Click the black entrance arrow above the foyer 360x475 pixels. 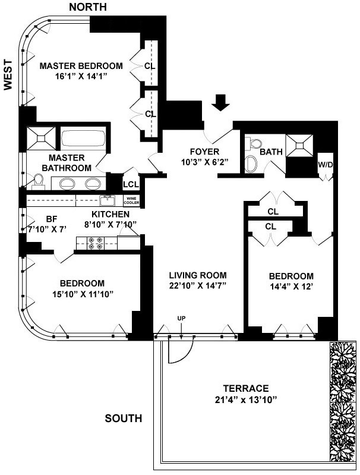[x=221, y=102]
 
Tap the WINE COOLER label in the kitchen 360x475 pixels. [x=132, y=200]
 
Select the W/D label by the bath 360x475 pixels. [x=325, y=165]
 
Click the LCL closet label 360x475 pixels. [x=131, y=184]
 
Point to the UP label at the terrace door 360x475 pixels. [x=181, y=318]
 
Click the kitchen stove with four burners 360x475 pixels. [x=95, y=243]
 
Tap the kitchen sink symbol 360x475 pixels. [x=107, y=200]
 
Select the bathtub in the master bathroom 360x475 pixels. [x=83, y=138]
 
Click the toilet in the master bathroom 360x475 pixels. [x=38, y=182]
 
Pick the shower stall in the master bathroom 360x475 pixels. [x=42, y=138]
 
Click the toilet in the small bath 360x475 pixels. [x=253, y=143]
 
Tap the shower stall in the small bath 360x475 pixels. [x=299, y=146]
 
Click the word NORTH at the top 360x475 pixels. [x=88, y=7]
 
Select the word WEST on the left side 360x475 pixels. [x=8, y=74]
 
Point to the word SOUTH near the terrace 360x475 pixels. [x=124, y=419]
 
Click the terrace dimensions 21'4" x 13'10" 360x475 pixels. [x=246, y=400]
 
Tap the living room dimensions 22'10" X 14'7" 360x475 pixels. [x=198, y=286]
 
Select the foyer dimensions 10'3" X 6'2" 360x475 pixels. [x=204, y=162]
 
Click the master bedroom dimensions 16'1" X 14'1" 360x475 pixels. [x=81, y=76]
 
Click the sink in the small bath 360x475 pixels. [x=251, y=164]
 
